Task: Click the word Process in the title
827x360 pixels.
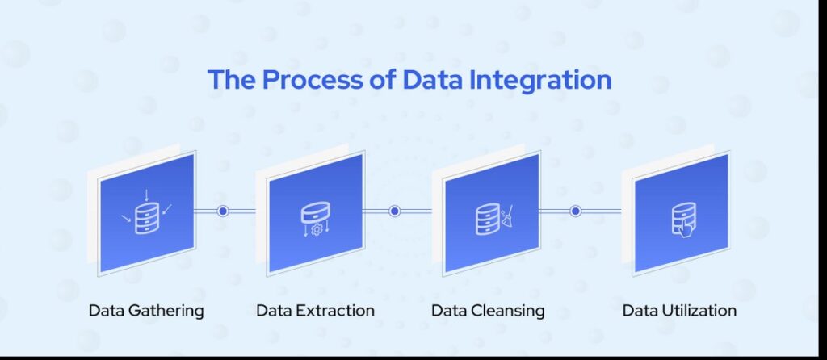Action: click(x=312, y=80)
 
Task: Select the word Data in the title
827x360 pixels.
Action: click(x=428, y=80)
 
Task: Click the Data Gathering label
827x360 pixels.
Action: click(x=146, y=311)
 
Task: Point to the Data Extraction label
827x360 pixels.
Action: click(x=316, y=310)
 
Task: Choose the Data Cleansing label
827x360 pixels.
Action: click(x=488, y=311)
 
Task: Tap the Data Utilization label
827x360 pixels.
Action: click(x=679, y=310)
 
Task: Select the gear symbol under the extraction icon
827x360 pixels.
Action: click(x=317, y=230)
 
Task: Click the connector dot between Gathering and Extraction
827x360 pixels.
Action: click(x=223, y=211)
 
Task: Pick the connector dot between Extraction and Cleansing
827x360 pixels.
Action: click(x=394, y=211)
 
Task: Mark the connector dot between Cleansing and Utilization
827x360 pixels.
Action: click(x=575, y=211)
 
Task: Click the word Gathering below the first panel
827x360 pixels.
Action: click(x=166, y=311)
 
